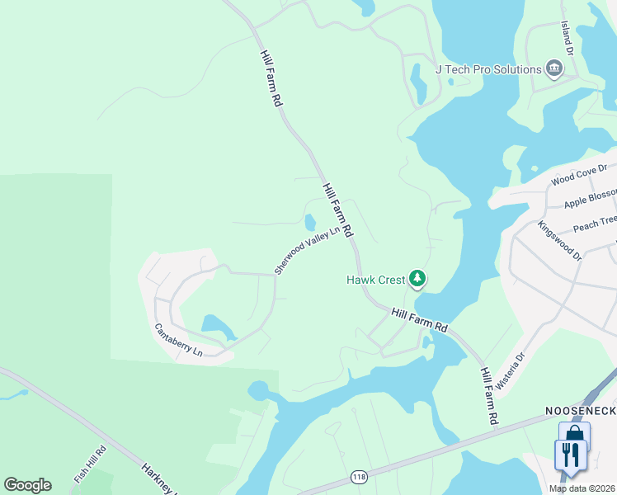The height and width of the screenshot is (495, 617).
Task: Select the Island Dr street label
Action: click(x=566, y=36)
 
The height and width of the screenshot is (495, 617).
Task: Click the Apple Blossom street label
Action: click(x=590, y=198)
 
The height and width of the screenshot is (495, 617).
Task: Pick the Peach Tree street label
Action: click(x=595, y=221)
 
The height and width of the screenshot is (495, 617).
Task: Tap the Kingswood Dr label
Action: click(x=559, y=241)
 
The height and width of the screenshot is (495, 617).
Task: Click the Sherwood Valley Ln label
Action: click(x=307, y=251)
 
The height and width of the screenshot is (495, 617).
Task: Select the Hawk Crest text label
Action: click(x=375, y=280)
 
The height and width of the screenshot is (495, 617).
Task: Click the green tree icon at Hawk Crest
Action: click(x=418, y=279)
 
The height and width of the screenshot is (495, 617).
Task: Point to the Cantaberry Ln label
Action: click(x=178, y=339)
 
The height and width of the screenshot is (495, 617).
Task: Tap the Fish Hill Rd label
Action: click(x=90, y=464)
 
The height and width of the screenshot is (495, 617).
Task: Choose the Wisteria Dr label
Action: click(x=510, y=371)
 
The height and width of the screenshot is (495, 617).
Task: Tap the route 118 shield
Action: click(x=358, y=477)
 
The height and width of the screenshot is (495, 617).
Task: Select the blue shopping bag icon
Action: click(x=574, y=433)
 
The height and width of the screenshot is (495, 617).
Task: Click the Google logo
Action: click(x=27, y=485)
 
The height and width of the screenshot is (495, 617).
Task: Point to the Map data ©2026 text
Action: click(x=582, y=488)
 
